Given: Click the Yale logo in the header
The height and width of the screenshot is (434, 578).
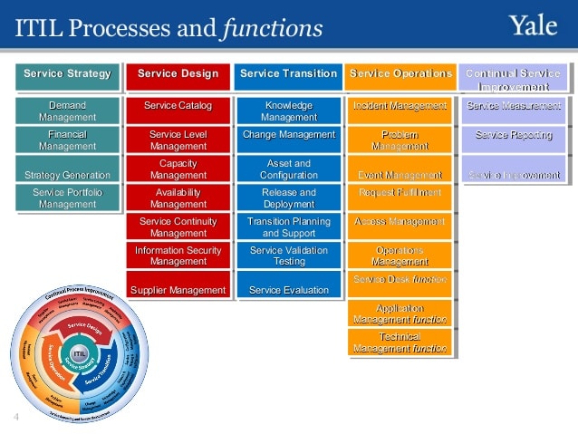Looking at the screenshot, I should click(x=535, y=26).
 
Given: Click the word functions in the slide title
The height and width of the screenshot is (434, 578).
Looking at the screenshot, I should click(x=271, y=29).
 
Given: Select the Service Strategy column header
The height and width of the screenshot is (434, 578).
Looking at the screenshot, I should click(x=67, y=74).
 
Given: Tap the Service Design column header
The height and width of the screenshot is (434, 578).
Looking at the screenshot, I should click(x=178, y=74).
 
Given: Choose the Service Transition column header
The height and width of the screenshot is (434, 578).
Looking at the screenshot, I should click(x=288, y=74).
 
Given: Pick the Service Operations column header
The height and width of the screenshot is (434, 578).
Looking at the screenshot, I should click(x=400, y=74).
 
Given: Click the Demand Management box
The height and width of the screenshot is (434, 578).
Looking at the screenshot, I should click(x=67, y=111).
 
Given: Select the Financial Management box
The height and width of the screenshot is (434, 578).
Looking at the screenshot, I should click(x=67, y=140).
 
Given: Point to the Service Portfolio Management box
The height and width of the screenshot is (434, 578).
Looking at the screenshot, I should click(x=67, y=198).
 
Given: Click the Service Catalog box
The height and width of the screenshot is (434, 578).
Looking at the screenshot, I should click(x=178, y=107).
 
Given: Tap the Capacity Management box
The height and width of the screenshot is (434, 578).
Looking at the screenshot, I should click(x=178, y=169).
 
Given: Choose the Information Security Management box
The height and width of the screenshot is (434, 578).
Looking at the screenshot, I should click(x=178, y=256).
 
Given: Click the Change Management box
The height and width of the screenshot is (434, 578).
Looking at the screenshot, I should click(x=288, y=136).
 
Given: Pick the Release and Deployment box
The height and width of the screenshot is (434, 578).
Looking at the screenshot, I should click(x=288, y=198).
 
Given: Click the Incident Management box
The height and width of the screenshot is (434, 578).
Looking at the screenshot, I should click(x=400, y=107).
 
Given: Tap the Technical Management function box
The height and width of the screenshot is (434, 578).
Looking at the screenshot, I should click(x=400, y=342).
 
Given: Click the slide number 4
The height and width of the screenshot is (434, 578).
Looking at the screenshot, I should click(x=16, y=417).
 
